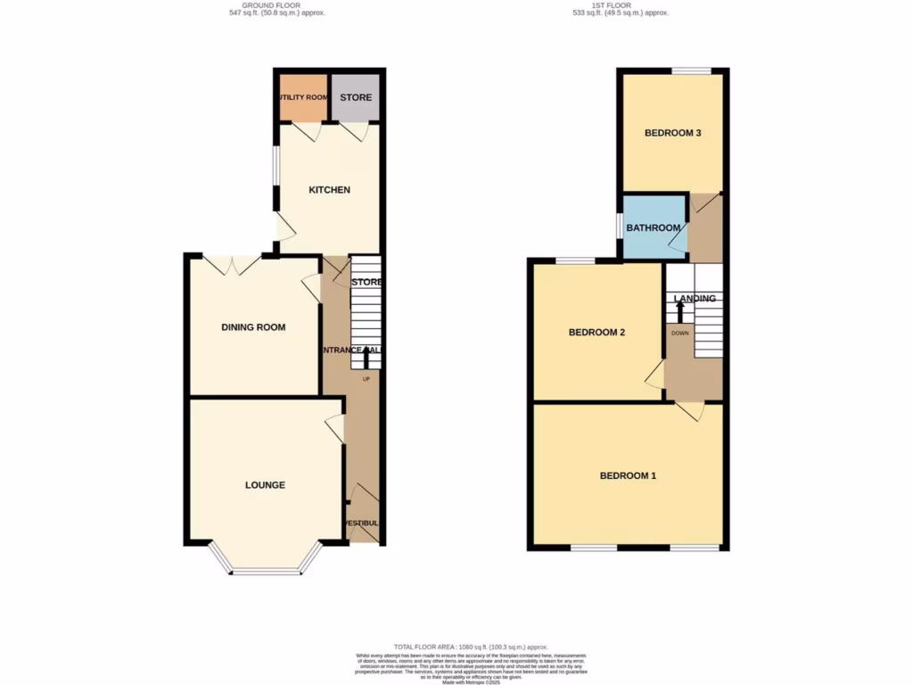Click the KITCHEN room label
point(329,190)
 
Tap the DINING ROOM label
point(253,327)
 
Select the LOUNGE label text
point(265,485)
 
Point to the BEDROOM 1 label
point(628,475)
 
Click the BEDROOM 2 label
point(596,333)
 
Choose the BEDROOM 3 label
point(673,133)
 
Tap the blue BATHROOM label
point(653,228)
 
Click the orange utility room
point(303,98)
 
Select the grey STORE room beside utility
point(355,98)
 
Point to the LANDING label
point(695,299)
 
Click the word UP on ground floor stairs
point(366,379)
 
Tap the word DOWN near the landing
point(679,333)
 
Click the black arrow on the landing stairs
point(679,312)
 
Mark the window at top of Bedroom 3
point(691,71)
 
